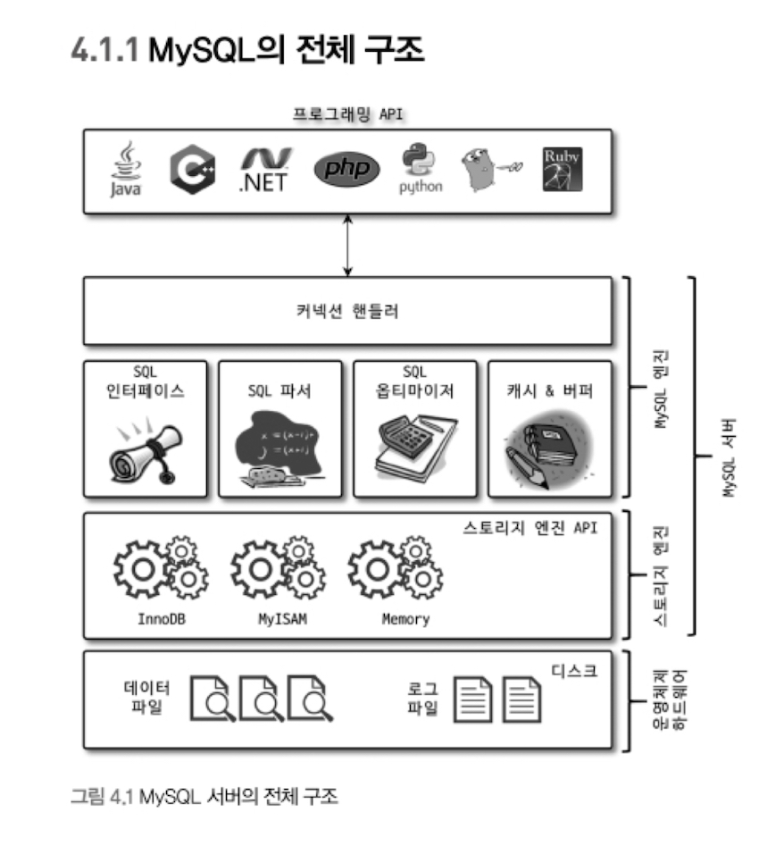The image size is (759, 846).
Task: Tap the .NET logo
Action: tap(265, 169)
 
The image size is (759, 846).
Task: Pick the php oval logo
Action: tap(346, 170)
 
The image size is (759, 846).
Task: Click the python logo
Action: tap(421, 169)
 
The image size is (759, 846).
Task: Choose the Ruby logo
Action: tap(562, 169)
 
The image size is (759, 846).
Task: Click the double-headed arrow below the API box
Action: tap(347, 245)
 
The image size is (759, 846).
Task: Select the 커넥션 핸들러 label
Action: tap(347, 312)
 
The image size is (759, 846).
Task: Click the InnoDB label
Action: tap(161, 619)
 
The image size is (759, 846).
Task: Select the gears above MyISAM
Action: tap(278, 567)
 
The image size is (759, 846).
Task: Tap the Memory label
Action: tap(405, 619)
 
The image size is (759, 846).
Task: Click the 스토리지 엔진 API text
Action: tap(530, 528)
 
